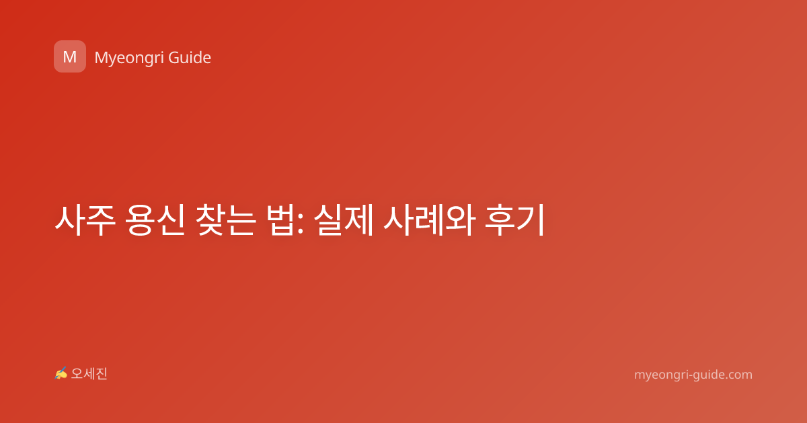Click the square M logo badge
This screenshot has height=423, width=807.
coord(70,56)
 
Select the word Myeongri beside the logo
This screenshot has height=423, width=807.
coord(129,58)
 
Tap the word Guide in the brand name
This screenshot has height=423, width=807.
coord(190,58)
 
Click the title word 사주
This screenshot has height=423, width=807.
coord(85,220)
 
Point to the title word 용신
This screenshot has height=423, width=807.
coord(155,220)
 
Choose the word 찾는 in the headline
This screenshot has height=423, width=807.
coord(225,220)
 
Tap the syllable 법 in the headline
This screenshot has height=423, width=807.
coord(280,220)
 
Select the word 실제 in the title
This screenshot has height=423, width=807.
coord(344,220)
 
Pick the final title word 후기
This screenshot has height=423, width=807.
coord(515,220)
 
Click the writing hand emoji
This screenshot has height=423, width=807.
coord(61,373)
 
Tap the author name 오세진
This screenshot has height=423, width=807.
coord(89,374)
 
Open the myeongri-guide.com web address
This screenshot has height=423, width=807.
coord(693,375)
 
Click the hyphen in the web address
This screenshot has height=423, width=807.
coord(689,375)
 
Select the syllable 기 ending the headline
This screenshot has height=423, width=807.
coord(531,220)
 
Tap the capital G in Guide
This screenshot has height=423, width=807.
coord(174,58)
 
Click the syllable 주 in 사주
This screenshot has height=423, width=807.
coord(102,220)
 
